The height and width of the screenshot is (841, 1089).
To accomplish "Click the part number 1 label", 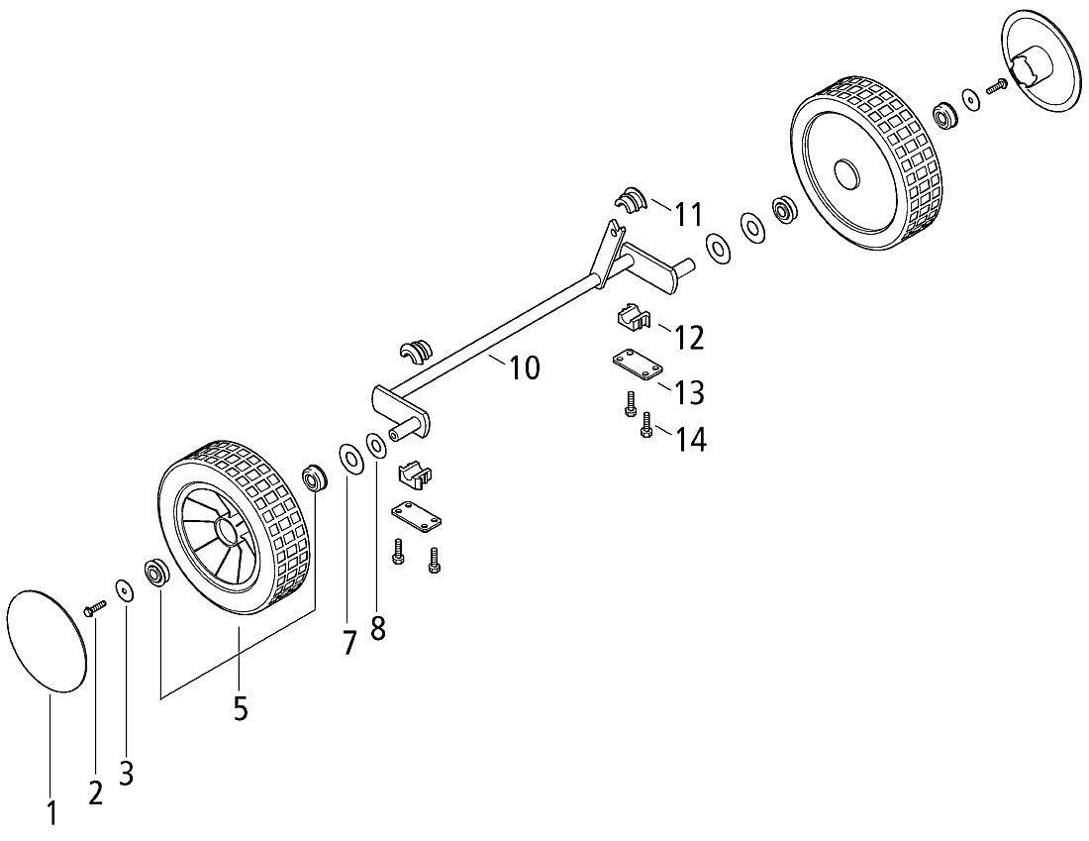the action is pyautogui.click(x=51, y=813).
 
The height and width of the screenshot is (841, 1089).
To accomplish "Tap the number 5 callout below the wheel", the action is pyautogui.click(x=240, y=708).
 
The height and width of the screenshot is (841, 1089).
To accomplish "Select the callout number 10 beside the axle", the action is pyautogui.click(x=525, y=368).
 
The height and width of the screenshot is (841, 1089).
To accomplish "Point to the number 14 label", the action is pyautogui.click(x=691, y=439).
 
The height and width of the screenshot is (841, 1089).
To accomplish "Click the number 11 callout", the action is pyautogui.click(x=689, y=214).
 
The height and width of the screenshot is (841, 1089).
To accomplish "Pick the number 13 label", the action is pyautogui.click(x=689, y=392).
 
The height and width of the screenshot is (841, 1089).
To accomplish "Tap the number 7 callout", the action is pyautogui.click(x=348, y=642).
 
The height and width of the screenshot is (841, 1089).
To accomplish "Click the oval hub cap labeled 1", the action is pyautogui.click(x=46, y=640).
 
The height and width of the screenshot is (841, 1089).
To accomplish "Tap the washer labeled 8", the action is pyautogui.click(x=377, y=446).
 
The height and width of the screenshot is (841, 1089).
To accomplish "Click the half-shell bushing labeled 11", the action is pyautogui.click(x=631, y=200).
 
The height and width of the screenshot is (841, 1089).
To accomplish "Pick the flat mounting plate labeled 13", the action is pyautogui.click(x=637, y=365).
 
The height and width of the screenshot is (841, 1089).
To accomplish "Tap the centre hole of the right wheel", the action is pyautogui.click(x=845, y=172).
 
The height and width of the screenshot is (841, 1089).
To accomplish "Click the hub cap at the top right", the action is pyautogui.click(x=1040, y=60).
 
